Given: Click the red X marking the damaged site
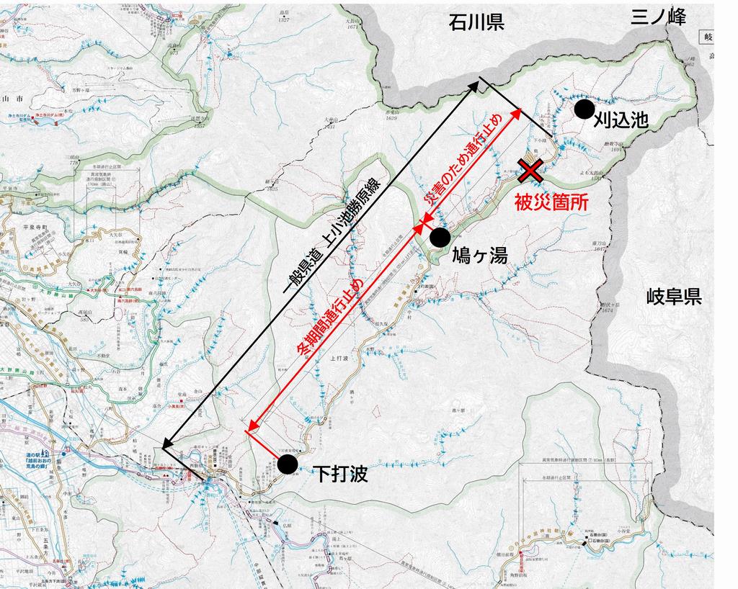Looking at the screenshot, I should [531, 171].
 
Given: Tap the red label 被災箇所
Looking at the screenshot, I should [551, 202].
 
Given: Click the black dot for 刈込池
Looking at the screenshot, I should [584, 109].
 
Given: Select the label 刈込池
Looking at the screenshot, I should [621, 120].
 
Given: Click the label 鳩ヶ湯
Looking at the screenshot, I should [480, 255].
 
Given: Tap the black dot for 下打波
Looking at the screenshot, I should [287, 464].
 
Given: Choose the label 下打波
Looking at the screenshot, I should [341, 473].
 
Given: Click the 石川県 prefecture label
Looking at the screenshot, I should [475, 22].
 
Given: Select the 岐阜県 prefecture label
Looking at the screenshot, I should [674, 296].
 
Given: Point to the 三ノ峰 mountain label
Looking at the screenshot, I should [659, 17].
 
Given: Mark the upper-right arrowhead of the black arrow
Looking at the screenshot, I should [476, 84].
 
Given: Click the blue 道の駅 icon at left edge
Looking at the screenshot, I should [46, 454].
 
